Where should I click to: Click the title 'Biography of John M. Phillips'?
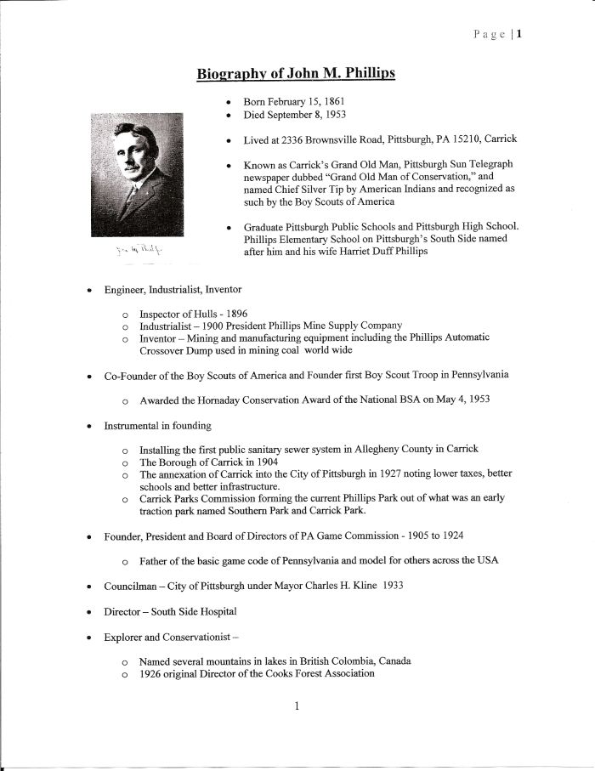(296, 74)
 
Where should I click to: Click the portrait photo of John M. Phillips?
(137, 174)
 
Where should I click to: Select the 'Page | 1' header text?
(498, 35)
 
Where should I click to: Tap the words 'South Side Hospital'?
(193, 610)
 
